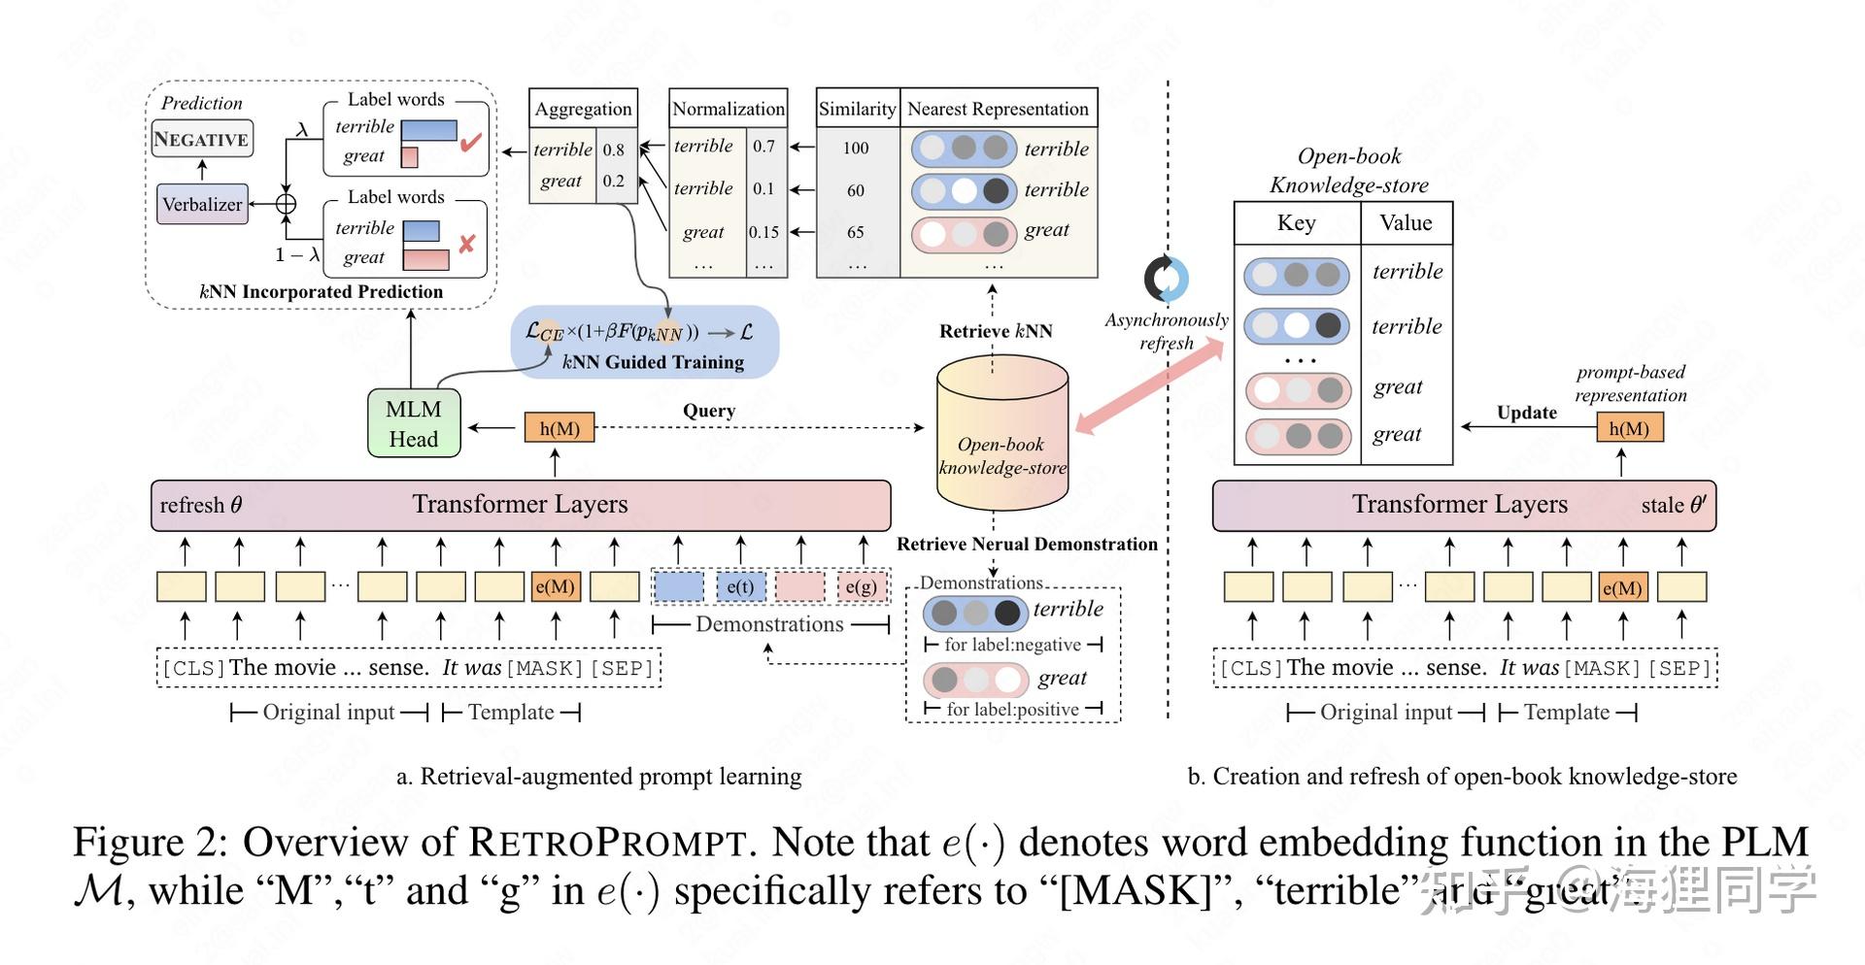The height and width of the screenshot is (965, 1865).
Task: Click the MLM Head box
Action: click(414, 424)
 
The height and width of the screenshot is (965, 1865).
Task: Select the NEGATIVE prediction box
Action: click(202, 140)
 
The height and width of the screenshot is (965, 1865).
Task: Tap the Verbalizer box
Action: click(202, 205)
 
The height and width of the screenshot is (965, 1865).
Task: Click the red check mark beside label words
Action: click(471, 144)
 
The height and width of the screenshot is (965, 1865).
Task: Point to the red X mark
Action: click(466, 244)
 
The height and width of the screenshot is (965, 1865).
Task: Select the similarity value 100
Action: click(856, 149)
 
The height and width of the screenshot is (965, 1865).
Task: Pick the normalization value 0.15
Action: click(763, 232)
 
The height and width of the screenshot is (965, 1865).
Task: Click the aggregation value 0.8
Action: click(614, 150)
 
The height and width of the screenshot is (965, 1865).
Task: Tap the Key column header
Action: click(1296, 223)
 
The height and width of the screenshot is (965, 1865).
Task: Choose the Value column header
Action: click(1406, 223)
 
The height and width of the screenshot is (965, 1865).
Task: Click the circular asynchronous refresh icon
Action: click(1166, 280)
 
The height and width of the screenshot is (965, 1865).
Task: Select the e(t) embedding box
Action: click(740, 586)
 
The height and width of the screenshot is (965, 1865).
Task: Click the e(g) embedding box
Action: click(861, 586)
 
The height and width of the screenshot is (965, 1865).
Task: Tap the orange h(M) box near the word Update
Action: click(1629, 428)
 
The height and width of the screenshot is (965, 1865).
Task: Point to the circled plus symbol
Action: click(286, 204)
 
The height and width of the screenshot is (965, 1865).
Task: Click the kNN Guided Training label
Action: click(654, 362)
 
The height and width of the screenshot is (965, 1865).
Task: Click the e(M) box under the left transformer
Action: click(556, 586)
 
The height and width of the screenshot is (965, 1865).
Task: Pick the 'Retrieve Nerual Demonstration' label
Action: click(1027, 545)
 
